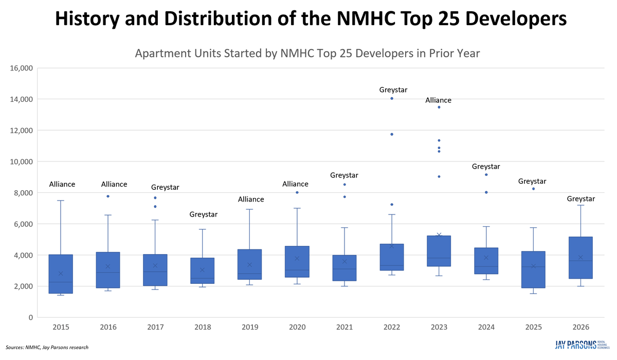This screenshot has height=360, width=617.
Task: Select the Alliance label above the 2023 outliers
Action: click(x=438, y=100)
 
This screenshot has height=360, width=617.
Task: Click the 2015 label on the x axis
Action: click(x=60, y=328)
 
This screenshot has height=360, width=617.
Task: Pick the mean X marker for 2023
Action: click(x=439, y=235)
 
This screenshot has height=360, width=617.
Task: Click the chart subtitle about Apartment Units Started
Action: click(x=307, y=53)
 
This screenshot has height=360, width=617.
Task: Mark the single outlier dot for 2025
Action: click(x=533, y=189)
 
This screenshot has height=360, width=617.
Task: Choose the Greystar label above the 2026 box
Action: click(x=580, y=199)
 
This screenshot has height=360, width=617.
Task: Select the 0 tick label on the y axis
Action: click(x=30, y=317)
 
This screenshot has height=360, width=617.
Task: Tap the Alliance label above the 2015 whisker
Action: click(x=62, y=184)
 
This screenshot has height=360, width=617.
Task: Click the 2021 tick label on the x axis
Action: click(x=344, y=328)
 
